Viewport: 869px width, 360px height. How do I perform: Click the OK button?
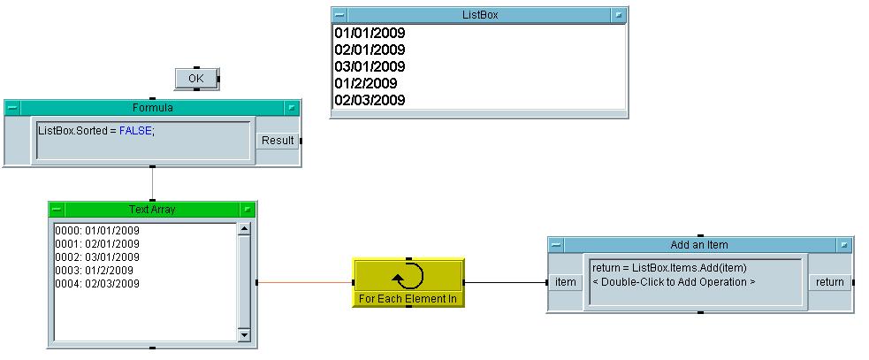[196, 79]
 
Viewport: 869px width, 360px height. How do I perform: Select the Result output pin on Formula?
[277, 141]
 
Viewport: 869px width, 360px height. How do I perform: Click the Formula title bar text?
[152, 108]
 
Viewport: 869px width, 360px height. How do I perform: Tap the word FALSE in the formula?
[134, 131]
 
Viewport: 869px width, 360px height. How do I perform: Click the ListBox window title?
[480, 15]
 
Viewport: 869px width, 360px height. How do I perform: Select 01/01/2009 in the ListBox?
[370, 34]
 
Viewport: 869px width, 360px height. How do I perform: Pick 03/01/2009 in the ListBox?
[370, 67]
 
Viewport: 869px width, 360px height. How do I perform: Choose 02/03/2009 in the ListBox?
[370, 101]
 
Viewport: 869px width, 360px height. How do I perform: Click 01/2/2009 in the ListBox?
[366, 84]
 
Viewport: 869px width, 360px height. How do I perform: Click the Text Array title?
[152, 210]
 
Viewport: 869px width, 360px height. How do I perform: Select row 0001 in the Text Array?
[97, 243]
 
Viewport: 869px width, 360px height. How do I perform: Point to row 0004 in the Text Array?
[97, 283]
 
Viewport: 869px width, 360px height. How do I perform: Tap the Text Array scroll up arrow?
[245, 229]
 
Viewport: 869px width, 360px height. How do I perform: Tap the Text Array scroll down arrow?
[245, 335]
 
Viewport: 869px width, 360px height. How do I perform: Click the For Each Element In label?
[408, 299]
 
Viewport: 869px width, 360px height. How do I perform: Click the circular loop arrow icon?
[408, 276]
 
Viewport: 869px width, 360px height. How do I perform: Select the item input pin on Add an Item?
[565, 282]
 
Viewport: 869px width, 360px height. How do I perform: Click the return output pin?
[829, 282]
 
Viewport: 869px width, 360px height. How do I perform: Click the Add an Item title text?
[699, 245]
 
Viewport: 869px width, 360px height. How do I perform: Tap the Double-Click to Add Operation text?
[674, 282]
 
